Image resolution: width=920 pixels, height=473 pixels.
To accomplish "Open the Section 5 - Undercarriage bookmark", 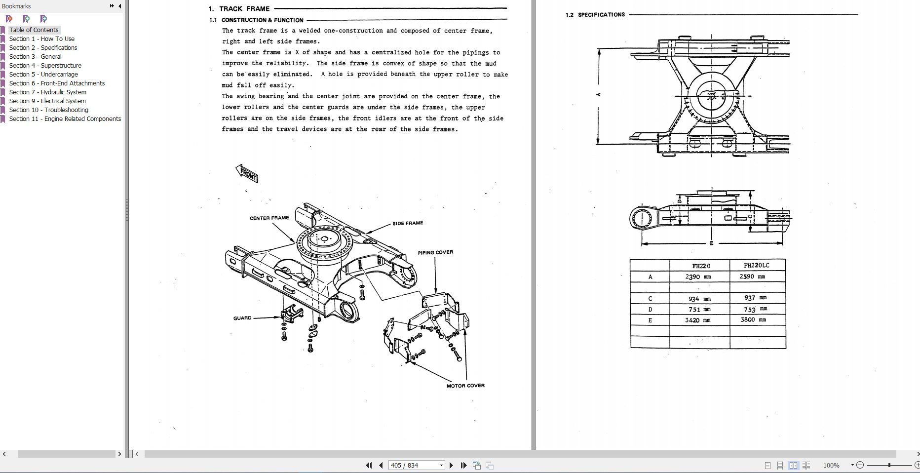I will tap(43, 74).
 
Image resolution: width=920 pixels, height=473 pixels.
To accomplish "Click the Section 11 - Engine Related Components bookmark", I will tap(65, 118).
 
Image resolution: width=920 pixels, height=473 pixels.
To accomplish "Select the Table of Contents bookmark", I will tap(34, 30).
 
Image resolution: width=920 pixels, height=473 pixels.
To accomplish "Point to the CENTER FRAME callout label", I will tap(269, 218).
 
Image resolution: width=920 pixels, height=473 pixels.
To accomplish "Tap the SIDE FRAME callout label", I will tap(408, 223).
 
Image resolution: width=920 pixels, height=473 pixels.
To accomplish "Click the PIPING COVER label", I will tap(435, 252).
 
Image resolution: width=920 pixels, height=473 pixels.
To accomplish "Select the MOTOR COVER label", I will tap(465, 386).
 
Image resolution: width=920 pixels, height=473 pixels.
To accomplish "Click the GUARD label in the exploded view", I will tap(242, 318).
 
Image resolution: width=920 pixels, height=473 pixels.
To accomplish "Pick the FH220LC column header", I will tap(756, 265).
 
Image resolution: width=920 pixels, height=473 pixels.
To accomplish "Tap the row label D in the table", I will tap(650, 310).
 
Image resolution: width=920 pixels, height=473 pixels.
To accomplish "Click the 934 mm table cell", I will tap(699, 299).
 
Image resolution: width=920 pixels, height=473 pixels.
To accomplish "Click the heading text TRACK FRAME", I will tap(244, 8).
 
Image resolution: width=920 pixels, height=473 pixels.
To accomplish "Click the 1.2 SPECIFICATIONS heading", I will tap(595, 15).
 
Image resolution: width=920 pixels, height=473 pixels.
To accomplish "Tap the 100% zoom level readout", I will tap(831, 465).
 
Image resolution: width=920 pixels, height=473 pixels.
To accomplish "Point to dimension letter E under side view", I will tap(711, 243).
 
